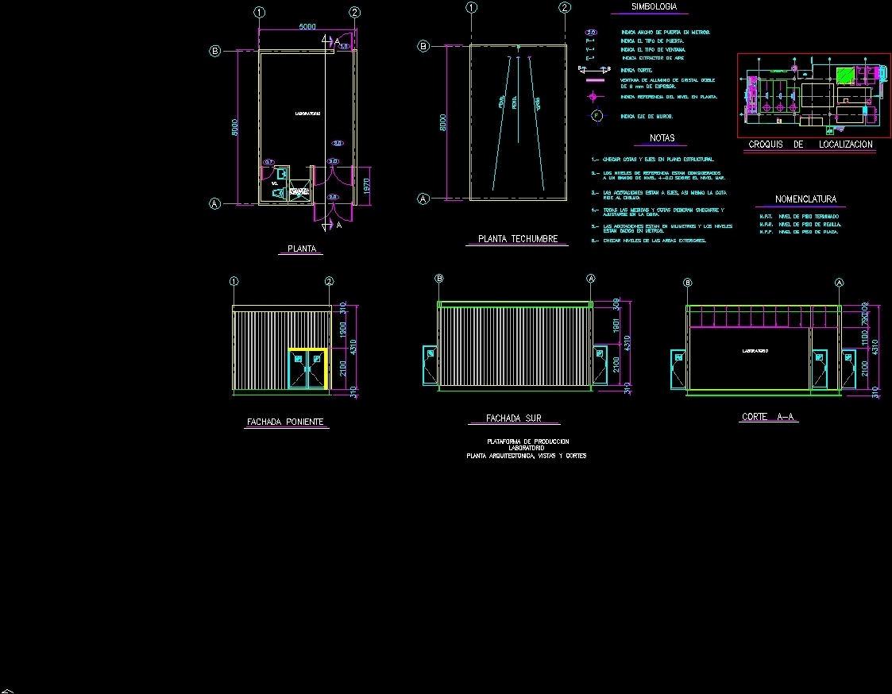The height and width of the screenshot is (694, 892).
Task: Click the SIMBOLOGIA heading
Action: click(x=654, y=6)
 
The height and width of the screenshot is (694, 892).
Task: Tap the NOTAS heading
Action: click(x=662, y=138)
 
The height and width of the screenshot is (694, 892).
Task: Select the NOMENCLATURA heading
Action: click(x=805, y=199)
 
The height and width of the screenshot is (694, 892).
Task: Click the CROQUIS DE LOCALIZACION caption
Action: click(x=810, y=145)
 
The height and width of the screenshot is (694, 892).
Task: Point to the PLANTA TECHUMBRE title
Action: click(x=517, y=239)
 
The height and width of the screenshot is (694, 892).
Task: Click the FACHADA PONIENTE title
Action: click(x=285, y=422)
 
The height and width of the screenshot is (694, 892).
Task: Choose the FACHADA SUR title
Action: click(x=513, y=418)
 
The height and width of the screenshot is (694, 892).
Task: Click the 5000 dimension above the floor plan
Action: click(x=307, y=27)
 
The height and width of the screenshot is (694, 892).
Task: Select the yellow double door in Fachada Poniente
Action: click(x=307, y=369)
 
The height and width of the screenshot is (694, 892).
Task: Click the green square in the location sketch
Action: click(x=844, y=76)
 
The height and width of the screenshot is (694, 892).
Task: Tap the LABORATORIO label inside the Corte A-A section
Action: click(x=755, y=350)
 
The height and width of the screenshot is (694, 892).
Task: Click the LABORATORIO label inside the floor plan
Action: click(x=307, y=114)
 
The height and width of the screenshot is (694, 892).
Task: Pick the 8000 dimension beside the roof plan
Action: click(x=443, y=122)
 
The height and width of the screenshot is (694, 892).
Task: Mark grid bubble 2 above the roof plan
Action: click(x=565, y=8)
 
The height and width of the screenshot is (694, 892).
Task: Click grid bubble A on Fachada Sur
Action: click(x=590, y=279)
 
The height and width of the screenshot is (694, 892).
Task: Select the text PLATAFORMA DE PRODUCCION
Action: click(x=527, y=441)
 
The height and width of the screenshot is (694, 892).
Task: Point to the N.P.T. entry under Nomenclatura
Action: click(x=767, y=216)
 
